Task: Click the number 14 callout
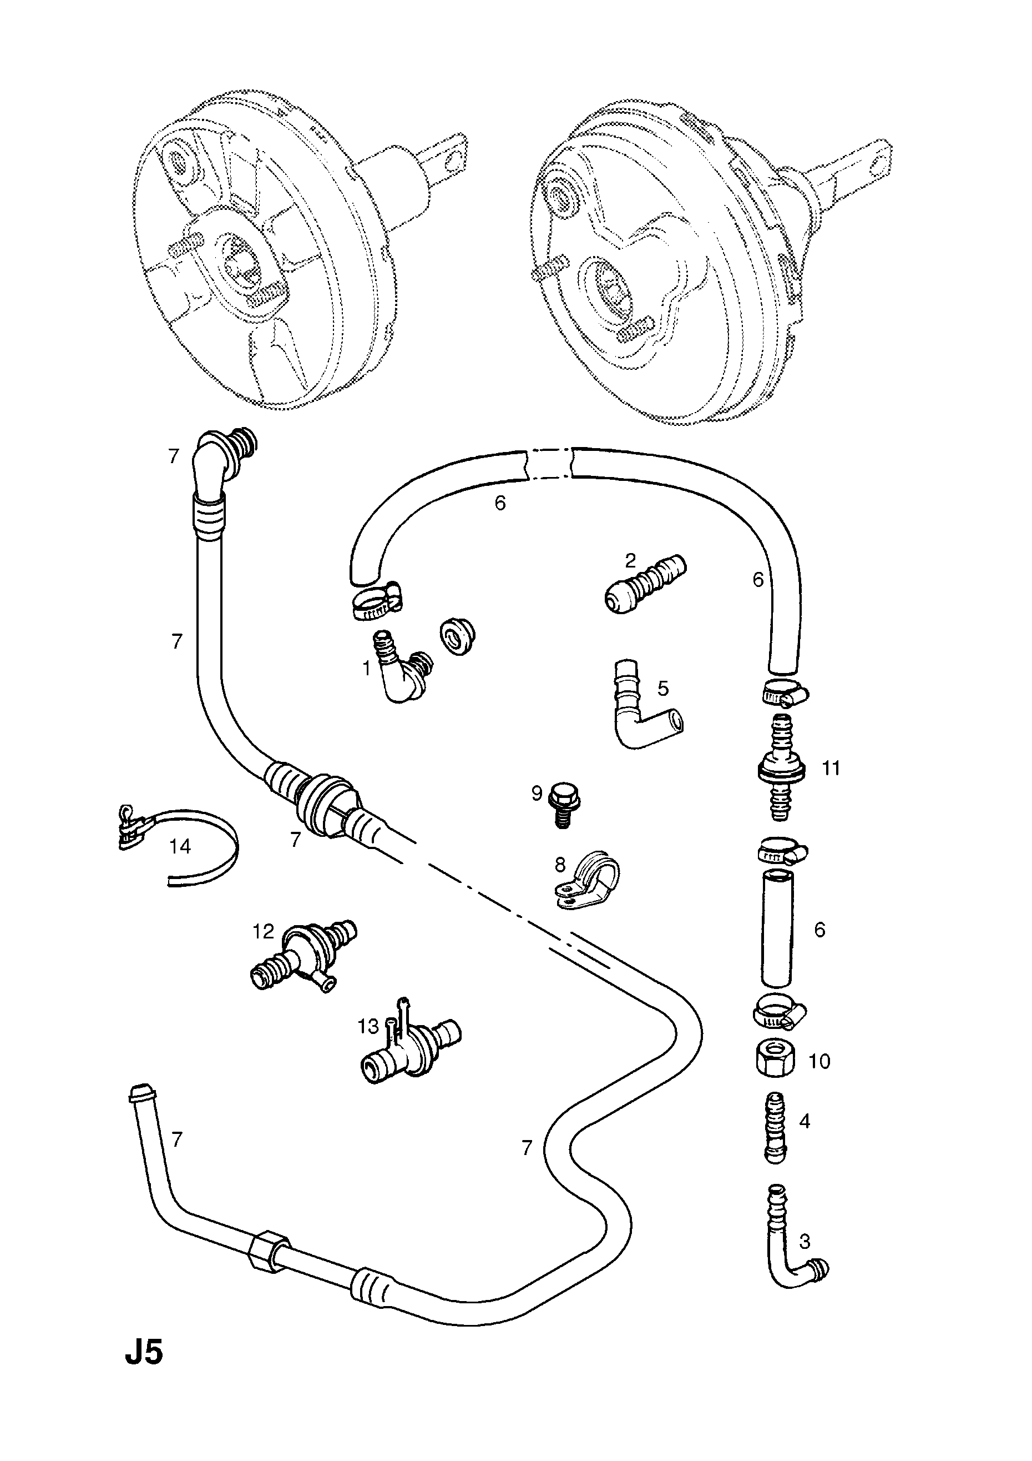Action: coord(180,846)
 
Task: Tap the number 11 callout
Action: coord(831,768)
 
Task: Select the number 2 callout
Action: coord(630,561)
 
